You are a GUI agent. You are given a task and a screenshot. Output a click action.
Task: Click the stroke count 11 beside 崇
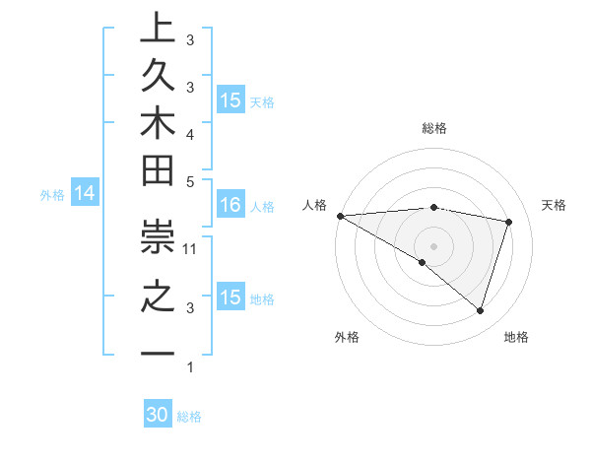(x=191, y=248)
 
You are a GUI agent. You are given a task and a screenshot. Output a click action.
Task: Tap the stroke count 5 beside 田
(x=191, y=182)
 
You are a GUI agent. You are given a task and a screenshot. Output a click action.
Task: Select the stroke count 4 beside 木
(x=191, y=133)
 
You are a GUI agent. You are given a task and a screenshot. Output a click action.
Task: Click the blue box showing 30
(x=158, y=415)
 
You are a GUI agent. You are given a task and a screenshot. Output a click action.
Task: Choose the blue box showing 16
(x=230, y=206)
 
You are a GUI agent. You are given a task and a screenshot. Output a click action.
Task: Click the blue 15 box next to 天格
(x=230, y=99)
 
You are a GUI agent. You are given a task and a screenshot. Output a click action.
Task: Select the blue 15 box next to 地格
(x=230, y=298)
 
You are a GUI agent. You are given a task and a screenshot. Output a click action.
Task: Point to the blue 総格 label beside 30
(x=189, y=417)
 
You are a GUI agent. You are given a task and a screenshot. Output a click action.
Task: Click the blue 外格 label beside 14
(x=52, y=195)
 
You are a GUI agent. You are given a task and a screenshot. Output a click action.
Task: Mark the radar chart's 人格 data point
(x=340, y=215)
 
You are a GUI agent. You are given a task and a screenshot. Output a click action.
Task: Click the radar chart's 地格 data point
(x=480, y=311)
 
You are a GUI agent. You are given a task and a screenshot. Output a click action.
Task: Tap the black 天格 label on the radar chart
(x=554, y=205)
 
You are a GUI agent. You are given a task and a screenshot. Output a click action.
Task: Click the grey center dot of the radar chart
(x=433, y=245)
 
